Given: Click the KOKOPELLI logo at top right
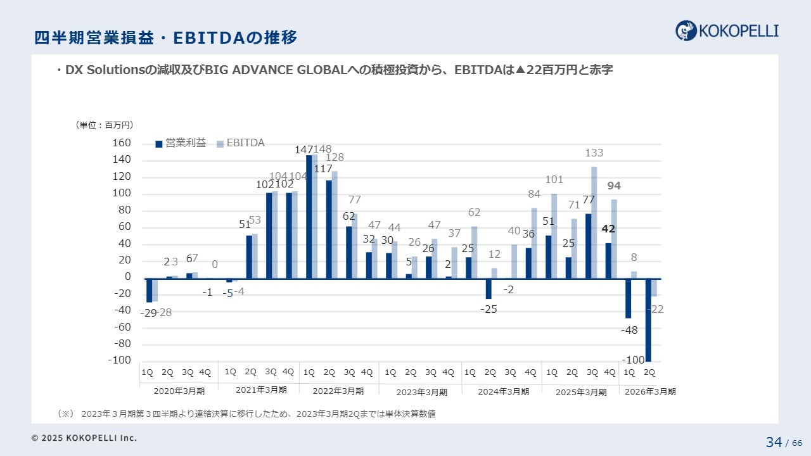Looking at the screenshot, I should [727, 30].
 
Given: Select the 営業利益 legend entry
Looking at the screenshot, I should [181, 144].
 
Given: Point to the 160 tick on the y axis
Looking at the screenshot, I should [122, 144].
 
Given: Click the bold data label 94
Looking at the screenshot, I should [614, 186].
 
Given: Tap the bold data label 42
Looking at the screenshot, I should [608, 229].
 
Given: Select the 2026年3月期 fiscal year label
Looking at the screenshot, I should [650, 392].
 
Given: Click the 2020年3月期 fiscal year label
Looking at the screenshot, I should [179, 391].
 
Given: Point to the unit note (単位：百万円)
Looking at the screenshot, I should [105, 125].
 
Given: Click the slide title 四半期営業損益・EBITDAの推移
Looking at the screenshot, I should [165, 38].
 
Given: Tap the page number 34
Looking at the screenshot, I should [774, 442].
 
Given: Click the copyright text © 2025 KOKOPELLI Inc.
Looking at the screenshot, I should [84, 438].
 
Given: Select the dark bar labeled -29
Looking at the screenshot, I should [149, 291].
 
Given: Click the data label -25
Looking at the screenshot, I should [489, 309].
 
